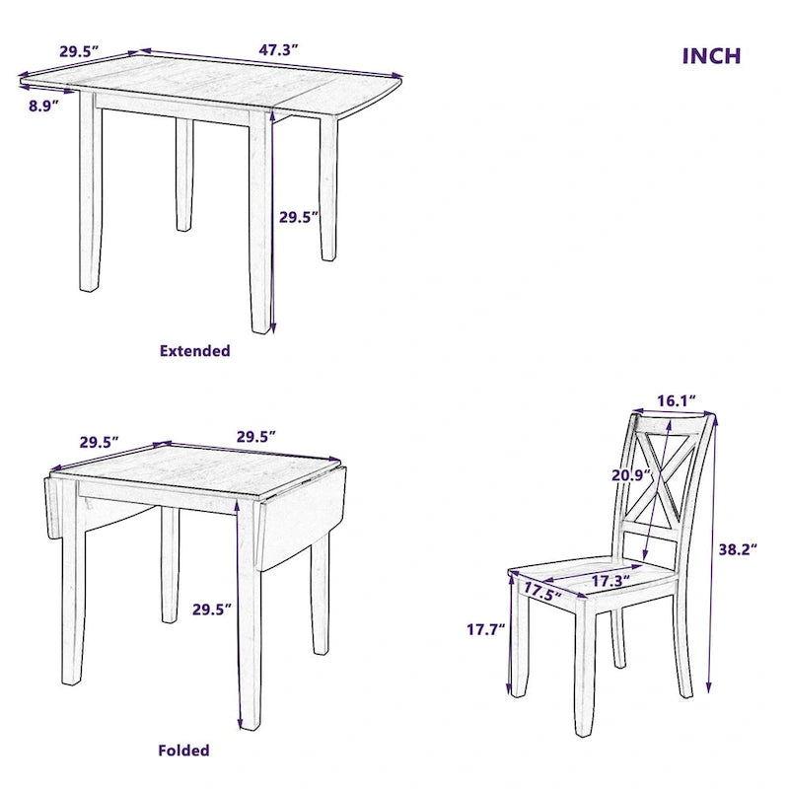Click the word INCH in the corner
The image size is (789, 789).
[x=711, y=55]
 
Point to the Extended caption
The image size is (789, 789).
[x=194, y=351]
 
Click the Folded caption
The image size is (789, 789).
[x=184, y=751]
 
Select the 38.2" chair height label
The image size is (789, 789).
[x=736, y=550]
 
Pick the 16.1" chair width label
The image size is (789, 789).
[x=678, y=400]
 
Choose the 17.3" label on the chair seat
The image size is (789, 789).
[x=610, y=582]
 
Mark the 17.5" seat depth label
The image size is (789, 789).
[x=541, y=593]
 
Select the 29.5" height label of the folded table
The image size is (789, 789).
[x=212, y=610]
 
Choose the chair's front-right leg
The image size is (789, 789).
[x=583, y=671]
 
